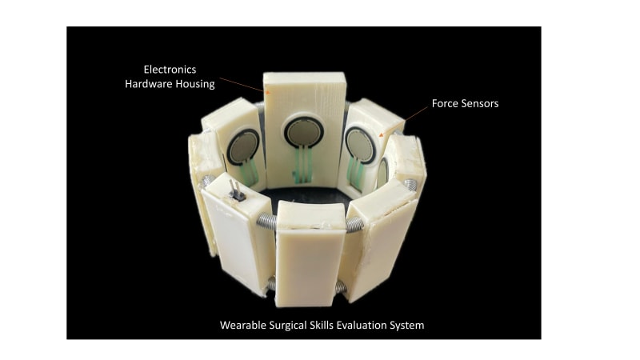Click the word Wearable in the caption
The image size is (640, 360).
245,326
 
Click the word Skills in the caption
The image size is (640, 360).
331,326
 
